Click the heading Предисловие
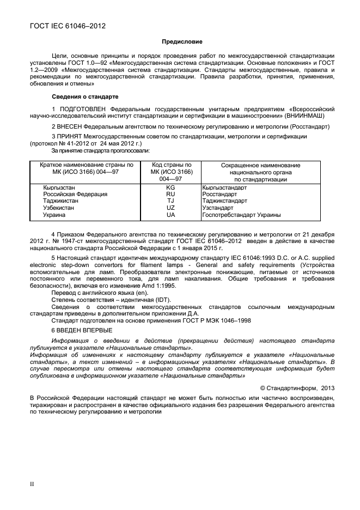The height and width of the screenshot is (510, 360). click(x=182, y=41)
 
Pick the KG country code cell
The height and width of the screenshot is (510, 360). click(x=170, y=187)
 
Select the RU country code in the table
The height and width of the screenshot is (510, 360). click(x=170, y=194)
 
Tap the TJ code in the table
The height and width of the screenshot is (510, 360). click(x=170, y=201)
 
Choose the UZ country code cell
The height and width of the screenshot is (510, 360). click(x=170, y=208)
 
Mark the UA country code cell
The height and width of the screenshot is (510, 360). click(x=170, y=215)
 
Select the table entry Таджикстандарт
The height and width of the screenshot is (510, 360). click(x=224, y=201)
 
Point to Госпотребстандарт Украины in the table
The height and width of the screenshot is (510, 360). click(x=241, y=215)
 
